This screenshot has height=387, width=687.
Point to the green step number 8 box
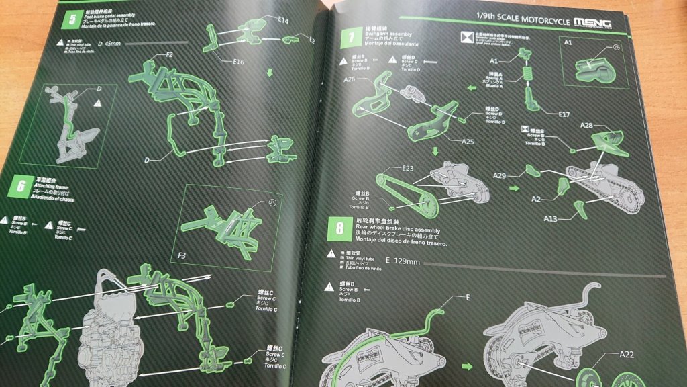(x=340, y=226)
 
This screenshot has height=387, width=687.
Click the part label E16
(x=239, y=62)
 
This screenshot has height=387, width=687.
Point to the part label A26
(x=349, y=79)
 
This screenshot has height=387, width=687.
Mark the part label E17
(x=564, y=114)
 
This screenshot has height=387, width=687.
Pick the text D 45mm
(x=110, y=45)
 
